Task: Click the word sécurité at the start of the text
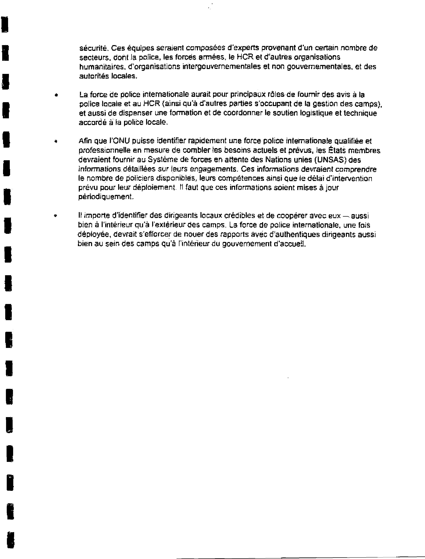pyautogui.click(x=93, y=48)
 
